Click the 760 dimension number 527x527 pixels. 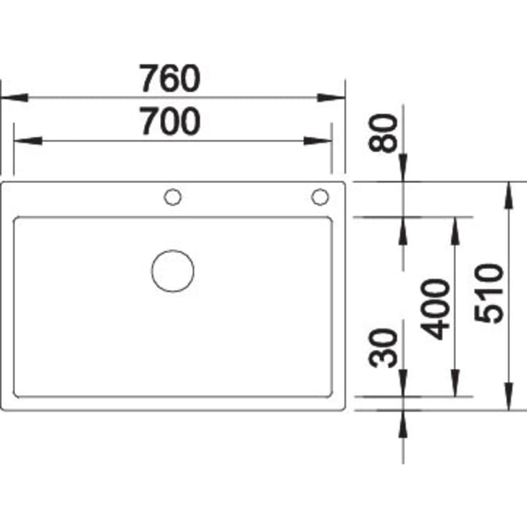pos(170,78)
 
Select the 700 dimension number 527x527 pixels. pos(170,120)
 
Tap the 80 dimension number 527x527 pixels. pos(383,133)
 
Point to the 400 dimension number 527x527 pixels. pos(435,309)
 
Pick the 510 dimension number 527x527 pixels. pos(489,293)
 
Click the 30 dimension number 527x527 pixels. pos(383,348)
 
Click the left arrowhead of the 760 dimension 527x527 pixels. pos(14,98)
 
